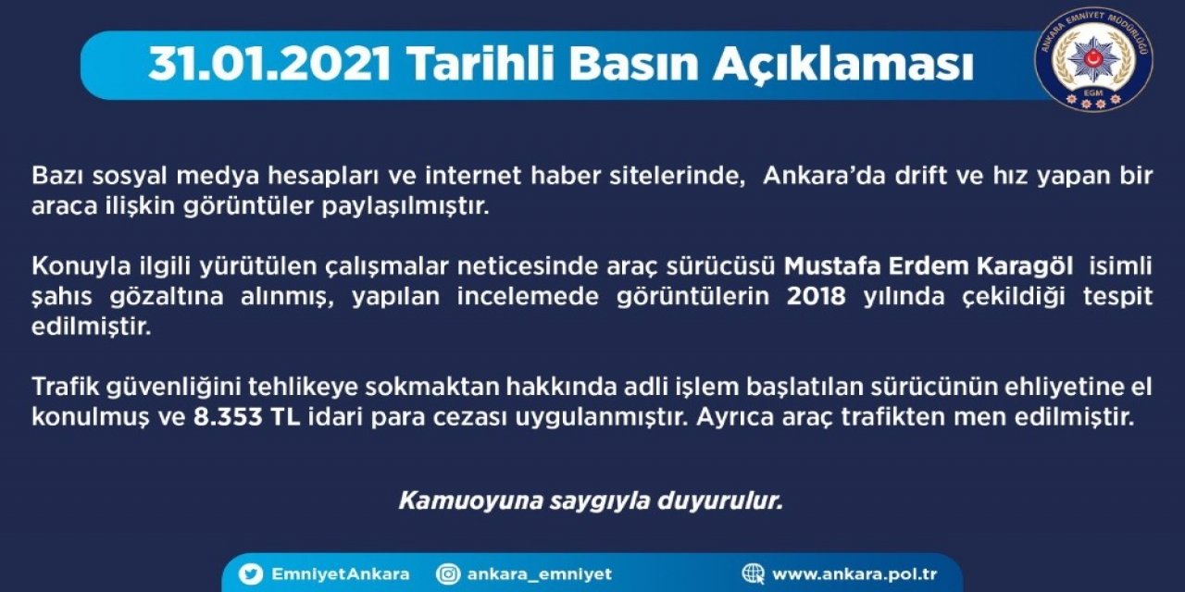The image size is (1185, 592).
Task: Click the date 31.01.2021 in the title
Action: [x=269, y=65]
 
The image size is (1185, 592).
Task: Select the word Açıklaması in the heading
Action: [x=843, y=65]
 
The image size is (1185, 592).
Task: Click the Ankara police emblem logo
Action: [x=1093, y=58]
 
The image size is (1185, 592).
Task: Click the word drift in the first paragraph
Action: [x=921, y=175]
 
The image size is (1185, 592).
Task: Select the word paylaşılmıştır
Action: [x=405, y=206]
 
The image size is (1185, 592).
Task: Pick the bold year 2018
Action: [x=816, y=297]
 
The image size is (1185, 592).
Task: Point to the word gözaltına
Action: [x=166, y=297]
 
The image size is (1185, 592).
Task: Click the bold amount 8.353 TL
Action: [x=246, y=417]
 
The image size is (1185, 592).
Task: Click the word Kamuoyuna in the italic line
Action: [x=471, y=500]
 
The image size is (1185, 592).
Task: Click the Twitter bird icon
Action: [x=250, y=573]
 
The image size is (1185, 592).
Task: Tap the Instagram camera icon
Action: [x=448, y=573]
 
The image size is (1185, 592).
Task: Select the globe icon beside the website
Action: [x=754, y=573]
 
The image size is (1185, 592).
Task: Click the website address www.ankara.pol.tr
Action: [x=854, y=574]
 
